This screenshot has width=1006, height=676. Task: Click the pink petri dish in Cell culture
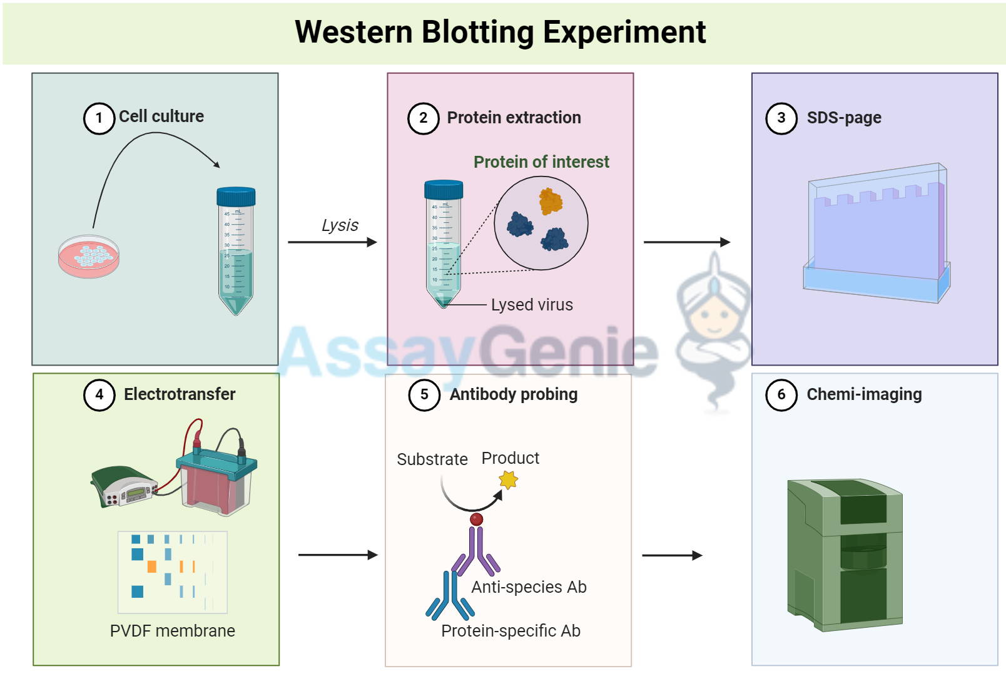click(89, 256)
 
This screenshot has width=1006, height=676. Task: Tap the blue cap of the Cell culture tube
click(236, 197)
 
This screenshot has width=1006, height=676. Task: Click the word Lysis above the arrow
click(340, 225)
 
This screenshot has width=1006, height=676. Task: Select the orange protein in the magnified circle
click(551, 201)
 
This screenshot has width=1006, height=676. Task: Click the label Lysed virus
click(532, 305)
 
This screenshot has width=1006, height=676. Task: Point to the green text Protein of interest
click(541, 162)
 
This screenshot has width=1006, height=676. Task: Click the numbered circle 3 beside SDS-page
click(781, 118)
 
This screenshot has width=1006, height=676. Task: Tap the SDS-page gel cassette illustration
click(876, 233)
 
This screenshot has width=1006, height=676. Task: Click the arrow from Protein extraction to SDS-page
click(687, 242)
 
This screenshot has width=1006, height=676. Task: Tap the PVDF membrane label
click(173, 631)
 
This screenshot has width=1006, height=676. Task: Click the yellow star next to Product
click(509, 480)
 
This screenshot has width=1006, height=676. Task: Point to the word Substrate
click(432, 459)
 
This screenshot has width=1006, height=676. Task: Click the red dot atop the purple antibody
click(477, 520)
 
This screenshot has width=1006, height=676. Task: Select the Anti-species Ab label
click(529, 587)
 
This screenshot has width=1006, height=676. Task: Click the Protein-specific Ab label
click(511, 631)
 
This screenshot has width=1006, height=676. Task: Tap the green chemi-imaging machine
click(845, 555)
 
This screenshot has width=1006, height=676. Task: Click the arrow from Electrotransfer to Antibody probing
click(338, 555)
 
